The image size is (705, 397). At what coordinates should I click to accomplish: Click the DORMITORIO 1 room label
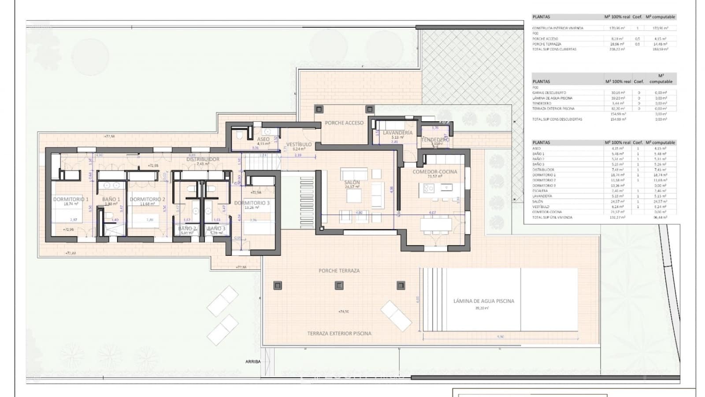[x=70, y=199]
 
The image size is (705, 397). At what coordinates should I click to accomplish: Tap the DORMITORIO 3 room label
[x=252, y=203]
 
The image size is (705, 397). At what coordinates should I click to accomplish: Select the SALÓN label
[x=352, y=182]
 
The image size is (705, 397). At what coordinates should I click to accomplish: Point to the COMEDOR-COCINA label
[x=434, y=172]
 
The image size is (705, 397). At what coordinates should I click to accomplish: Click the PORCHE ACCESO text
[x=344, y=123]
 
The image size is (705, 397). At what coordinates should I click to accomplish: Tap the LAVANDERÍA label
[x=397, y=132]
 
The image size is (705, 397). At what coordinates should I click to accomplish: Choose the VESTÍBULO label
[x=299, y=144]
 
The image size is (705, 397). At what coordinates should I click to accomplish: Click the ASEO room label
[x=263, y=139]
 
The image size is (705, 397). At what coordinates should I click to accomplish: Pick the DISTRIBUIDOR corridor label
[x=203, y=159]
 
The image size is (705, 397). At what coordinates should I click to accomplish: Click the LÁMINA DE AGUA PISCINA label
[x=483, y=301]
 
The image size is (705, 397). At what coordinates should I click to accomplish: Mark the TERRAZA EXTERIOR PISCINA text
[x=339, y=333]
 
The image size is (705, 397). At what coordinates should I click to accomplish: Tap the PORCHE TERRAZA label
[x=339, y=270]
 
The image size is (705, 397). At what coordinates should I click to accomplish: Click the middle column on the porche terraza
[x=339, y=285]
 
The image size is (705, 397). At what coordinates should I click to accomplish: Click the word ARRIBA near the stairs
[x=253, y=362]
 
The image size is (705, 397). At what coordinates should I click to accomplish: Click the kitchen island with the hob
[x=435, y=189]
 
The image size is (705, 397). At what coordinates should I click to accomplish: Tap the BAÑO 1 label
[x=111, y=199]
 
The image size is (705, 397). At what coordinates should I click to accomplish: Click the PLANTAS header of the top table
[x=541, y=17]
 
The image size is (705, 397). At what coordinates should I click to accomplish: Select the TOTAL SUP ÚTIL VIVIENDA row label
[x=552, y=217]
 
